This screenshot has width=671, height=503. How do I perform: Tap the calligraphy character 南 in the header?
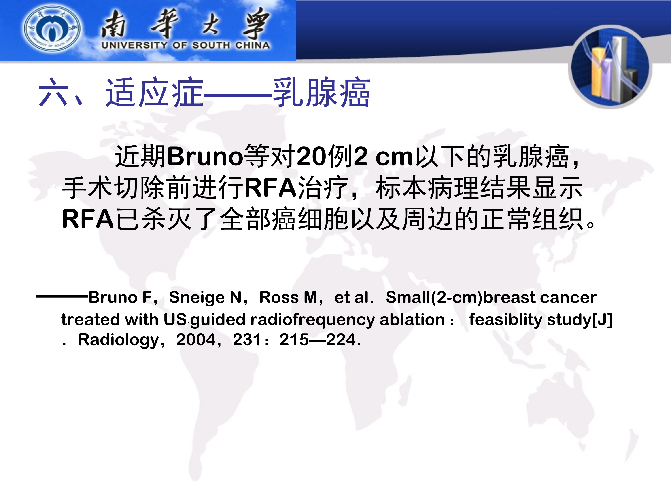coord(113,24)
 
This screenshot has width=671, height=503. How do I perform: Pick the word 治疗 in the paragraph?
coord(323,188)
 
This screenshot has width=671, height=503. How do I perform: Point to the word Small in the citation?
coord(408,297)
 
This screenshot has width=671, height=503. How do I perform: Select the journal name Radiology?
coord(118,340)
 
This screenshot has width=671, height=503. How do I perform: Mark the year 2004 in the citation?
coord(196,340)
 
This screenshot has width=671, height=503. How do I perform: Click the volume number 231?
coord(247,340)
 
